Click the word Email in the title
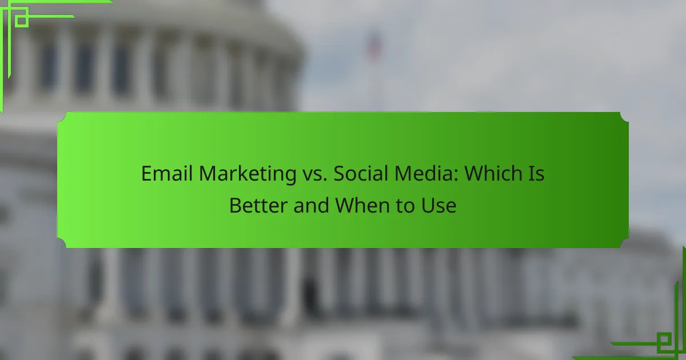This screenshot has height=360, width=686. coord(166,174)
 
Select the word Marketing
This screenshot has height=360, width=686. coord(248,174)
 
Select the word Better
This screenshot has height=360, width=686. coord(258,205)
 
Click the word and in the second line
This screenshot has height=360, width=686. coord(311,205)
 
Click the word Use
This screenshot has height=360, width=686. coord(439,205)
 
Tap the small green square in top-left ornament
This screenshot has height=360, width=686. coord(22,21)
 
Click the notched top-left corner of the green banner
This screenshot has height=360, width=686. coord(62,117)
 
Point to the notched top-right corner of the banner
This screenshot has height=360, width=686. coord(624,117)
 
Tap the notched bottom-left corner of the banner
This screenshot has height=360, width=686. coord(62,243)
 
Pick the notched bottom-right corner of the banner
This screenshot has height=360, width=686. coord(624,243)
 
